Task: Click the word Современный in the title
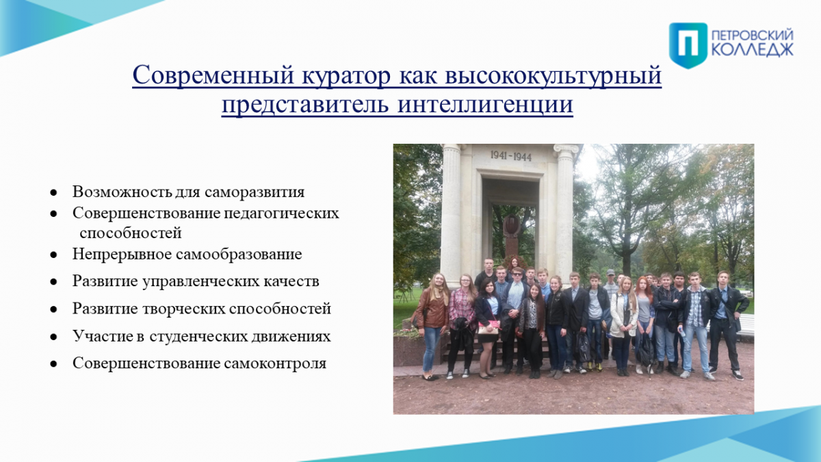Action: click(213, 75)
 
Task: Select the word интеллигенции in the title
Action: click(485, 104)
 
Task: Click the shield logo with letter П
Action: click(688, 45)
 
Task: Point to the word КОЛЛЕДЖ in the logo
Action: click(753, 50)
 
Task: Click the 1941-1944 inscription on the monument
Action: click(511, 156)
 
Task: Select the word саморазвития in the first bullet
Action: click(255, 192)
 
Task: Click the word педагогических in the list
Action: click(281, 214)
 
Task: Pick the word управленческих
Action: click(200, 281)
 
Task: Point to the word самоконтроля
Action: click(275, 363)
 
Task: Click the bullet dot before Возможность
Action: click(54, 192)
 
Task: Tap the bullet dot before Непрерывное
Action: click(54, 255)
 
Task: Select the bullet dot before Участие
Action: click(54, 337)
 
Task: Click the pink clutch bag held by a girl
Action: click(488, 327)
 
